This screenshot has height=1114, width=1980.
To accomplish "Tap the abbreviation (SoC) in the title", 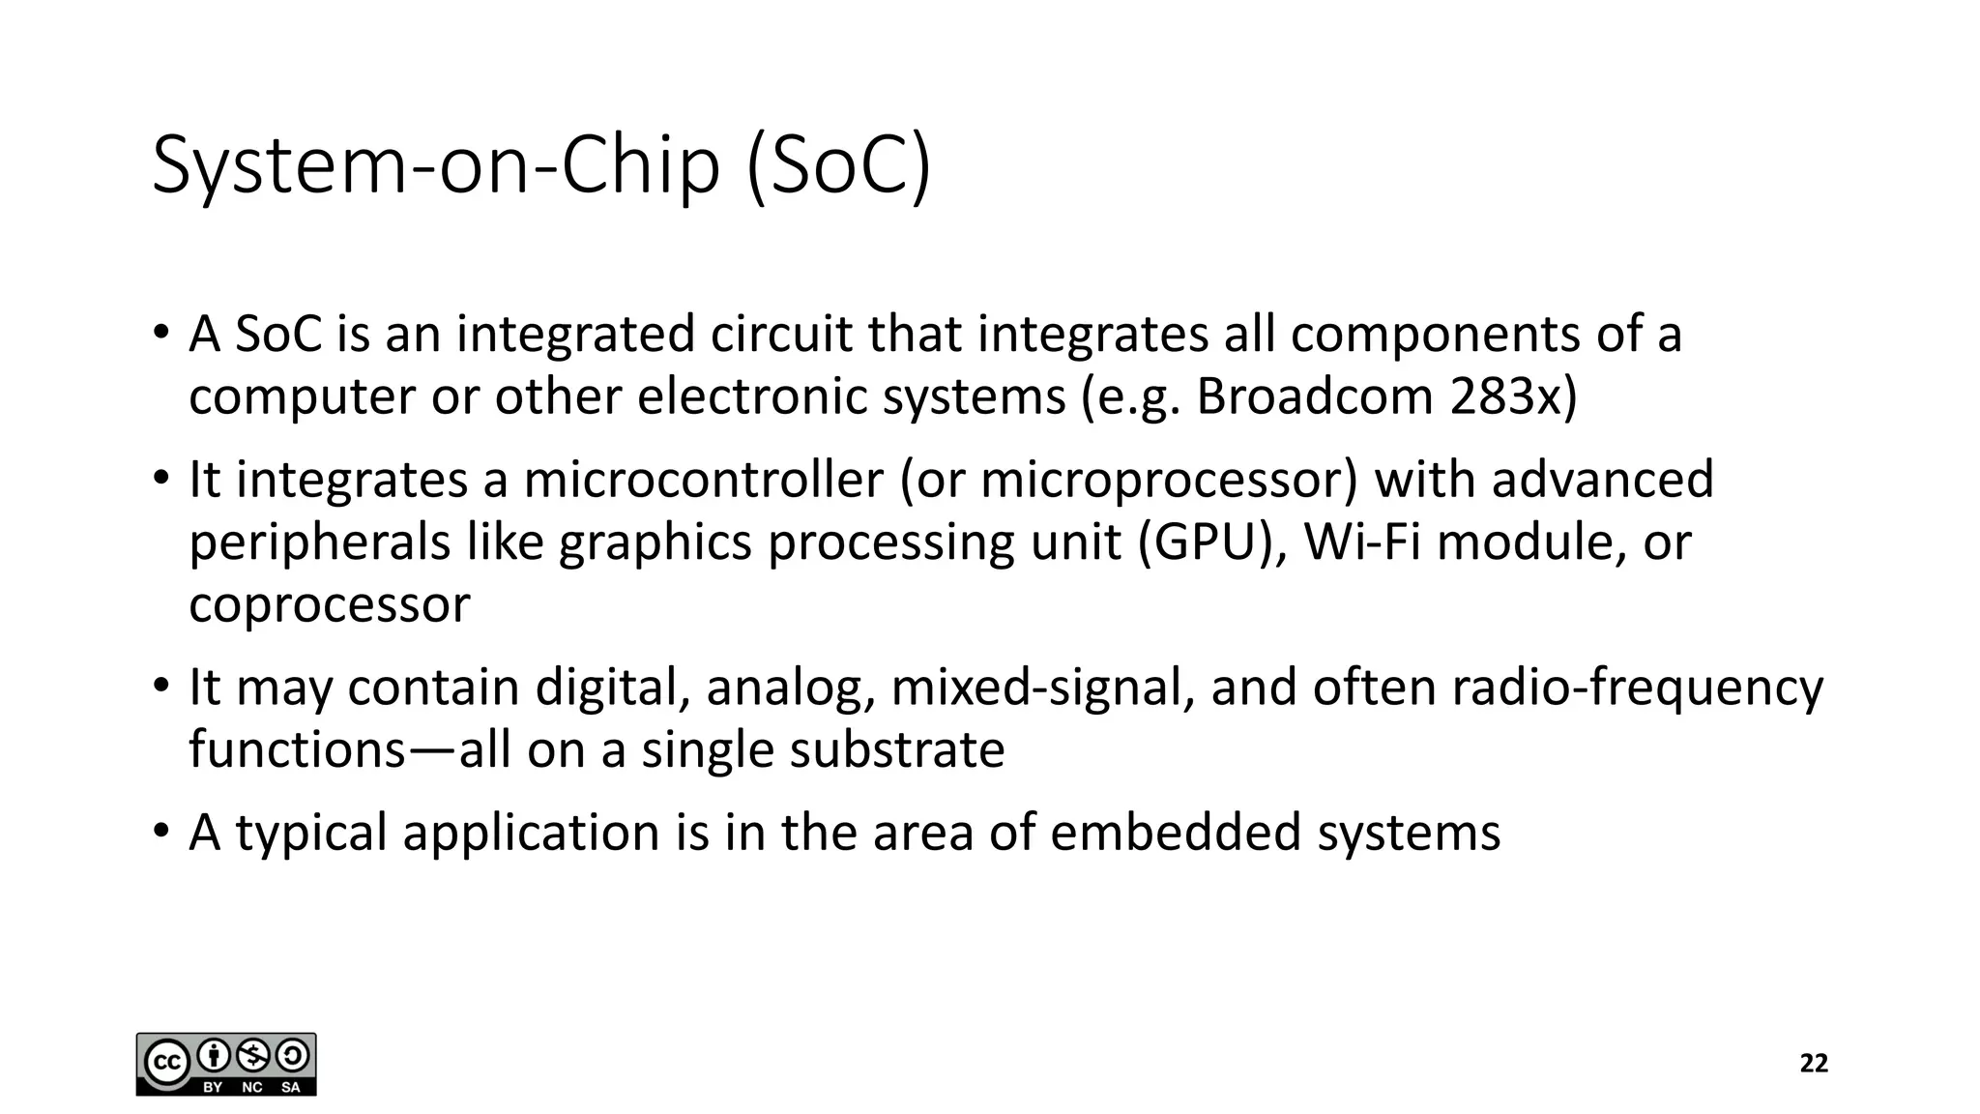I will [x=839, y=166].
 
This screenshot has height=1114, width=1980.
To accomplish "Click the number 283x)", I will [x=1513, y=396].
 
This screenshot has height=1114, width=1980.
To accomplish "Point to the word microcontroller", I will [x=704, y=480].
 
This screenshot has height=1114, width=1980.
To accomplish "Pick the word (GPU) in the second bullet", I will [x=1212, y=542].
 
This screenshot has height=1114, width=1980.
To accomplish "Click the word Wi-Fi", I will [x=1363, y=542].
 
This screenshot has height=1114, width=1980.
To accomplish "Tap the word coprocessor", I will [x=330, y=605].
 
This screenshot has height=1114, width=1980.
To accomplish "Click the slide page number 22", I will [x=1814, y=1064].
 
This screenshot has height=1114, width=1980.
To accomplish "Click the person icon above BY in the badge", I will [x=213, y=1055].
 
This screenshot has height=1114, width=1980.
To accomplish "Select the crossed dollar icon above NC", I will [x=253, y=1055].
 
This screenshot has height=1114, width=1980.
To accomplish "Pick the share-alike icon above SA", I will [x=293, y=1055].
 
